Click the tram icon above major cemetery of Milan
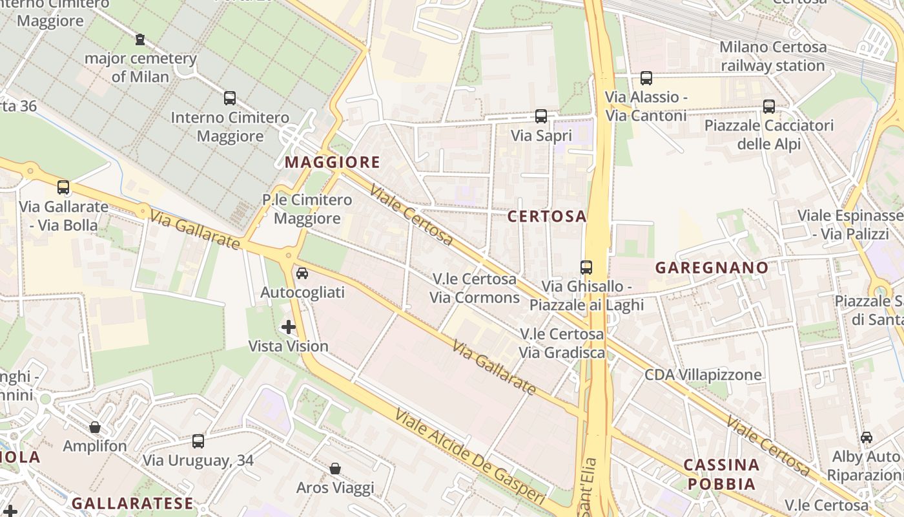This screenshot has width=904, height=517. click(x=140, y=39)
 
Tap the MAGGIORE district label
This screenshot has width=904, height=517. click(x=333, y=162)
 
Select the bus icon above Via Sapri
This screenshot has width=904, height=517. click(x=541, y=116)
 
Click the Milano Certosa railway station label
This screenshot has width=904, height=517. click(x=772, y=56)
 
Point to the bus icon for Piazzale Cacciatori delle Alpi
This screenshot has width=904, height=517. click(x=768, y=106)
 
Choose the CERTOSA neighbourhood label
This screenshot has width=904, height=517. click(x=546, y=216)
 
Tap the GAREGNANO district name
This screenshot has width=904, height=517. click(x=712, y=268)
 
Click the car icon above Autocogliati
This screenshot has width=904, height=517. click(x=302, y=273)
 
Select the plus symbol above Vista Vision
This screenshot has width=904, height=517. click(x=289, y=327)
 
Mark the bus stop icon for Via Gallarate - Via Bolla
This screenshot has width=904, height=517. click(x=63, y=187)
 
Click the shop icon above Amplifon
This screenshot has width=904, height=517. click(x=95, y=427)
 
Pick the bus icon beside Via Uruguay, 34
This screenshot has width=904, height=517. click(x=198, y=441)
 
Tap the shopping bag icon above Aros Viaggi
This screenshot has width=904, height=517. click(x=334, y=468)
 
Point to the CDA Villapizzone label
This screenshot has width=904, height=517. click(x=703, y=375)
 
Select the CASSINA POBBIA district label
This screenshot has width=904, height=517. click(x=721, y=474)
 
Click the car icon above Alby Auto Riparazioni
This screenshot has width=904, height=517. click(x=866, y=438)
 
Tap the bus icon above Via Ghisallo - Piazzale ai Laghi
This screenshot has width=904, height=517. click(x=586, y=267)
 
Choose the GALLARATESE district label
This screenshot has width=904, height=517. click(x=132, y=503)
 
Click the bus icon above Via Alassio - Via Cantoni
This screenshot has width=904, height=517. click(x=646, y=78)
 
